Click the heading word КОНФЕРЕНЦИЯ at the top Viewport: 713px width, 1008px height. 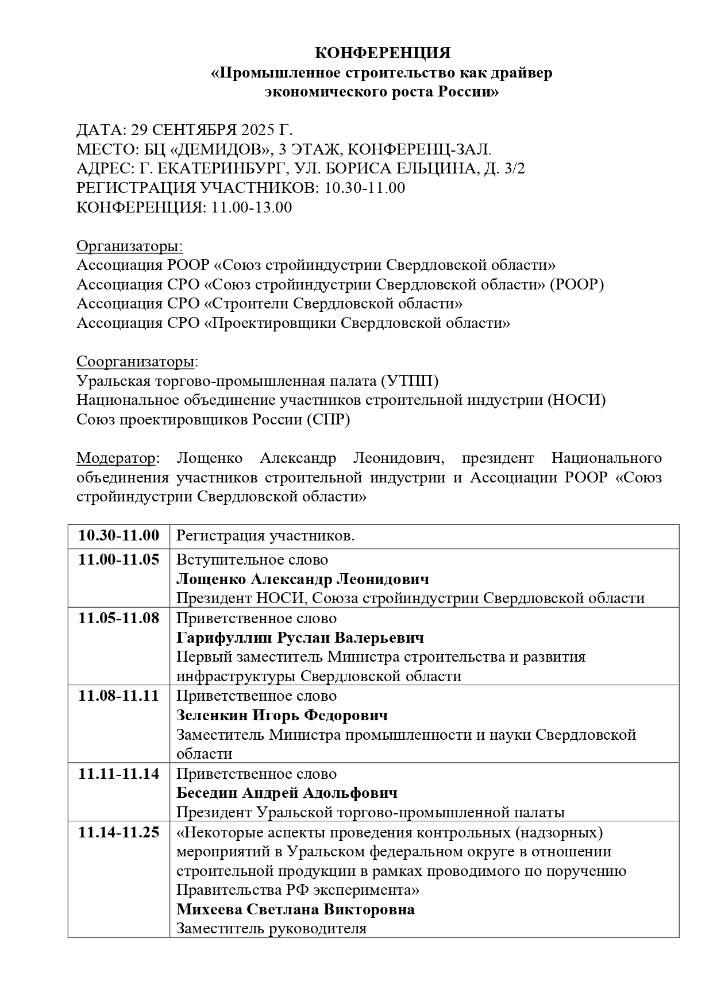pyautogui.click(x=383, y=53)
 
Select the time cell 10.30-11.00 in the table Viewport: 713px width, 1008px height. pyautogui.click(x=119, y=536)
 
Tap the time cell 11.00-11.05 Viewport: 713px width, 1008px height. pyautogui.click(x=119, y=559)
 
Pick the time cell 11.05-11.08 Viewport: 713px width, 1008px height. pyautogui.click(x=119, y=618)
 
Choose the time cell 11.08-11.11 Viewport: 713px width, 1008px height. pyautogui.click(x=119, y=696)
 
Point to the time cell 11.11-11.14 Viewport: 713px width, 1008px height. pyautogui.click(x=119, y=774)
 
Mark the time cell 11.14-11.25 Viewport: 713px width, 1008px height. pyautogui.click(x=119, y=832)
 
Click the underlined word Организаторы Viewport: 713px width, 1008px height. pyautogui.click(x=130, y=246)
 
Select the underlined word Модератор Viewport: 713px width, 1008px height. pyautogui.click(x=116, y=458)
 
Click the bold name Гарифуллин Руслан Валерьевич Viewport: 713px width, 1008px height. pyautogui.click(x=300, y=638)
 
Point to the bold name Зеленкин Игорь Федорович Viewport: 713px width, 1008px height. pyautogui.click(x=282, y=715)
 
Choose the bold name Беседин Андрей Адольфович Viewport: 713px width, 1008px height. pyautogui.click(x=287, y=793)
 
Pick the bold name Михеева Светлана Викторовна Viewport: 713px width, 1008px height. pyautogui.click(x=295, y=910)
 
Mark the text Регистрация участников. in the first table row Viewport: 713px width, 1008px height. pyautogui.click(x=265, y=536)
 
